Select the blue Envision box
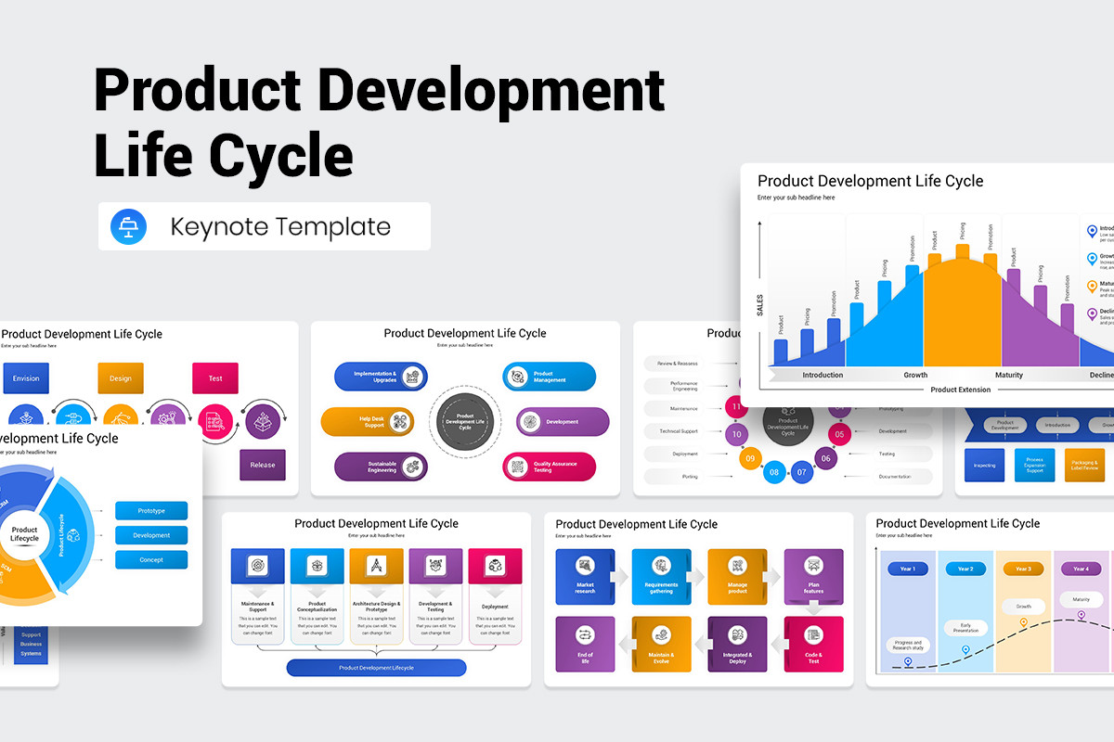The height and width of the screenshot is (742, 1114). tap(26, 378)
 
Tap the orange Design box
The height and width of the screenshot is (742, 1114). tap(121, 378)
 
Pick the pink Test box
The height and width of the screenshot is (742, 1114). tap(215, 378)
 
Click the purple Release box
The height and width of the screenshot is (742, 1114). tap(263, 465)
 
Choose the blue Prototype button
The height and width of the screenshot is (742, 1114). tap(151, 511)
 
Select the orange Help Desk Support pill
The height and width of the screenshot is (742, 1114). tap(368, 422)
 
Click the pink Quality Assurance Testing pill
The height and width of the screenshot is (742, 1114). tap(550, 467)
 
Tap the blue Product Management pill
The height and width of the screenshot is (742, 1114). tap(550, 377)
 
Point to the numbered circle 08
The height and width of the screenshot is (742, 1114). tap(774, 472)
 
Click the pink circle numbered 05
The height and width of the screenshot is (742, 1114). tap(839, 433)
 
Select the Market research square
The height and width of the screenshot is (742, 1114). tap(585, 577)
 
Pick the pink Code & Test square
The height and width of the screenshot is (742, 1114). tap(813, 644)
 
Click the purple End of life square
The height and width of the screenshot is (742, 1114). tap(585, 644)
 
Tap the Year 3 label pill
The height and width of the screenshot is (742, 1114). tap(1023, 569)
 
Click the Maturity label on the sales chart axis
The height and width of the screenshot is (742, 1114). tap(1009, 375)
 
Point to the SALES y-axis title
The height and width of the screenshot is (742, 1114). tap(759, 305)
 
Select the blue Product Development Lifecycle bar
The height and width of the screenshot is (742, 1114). tap(376, 668)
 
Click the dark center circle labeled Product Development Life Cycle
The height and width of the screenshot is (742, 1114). tap(465, 422)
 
